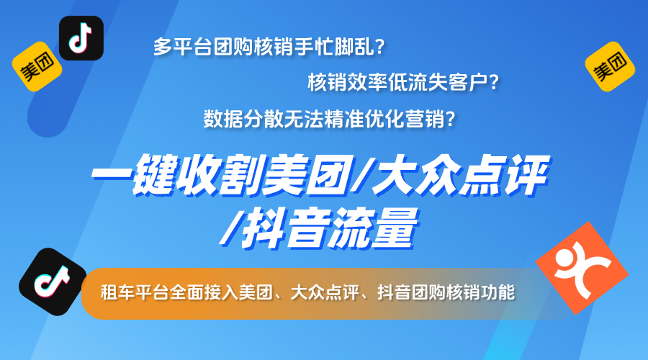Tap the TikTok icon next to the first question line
click(x=81, y=38)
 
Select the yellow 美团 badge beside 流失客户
click(x=608, y=66)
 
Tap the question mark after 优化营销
click(x=450, y=117)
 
